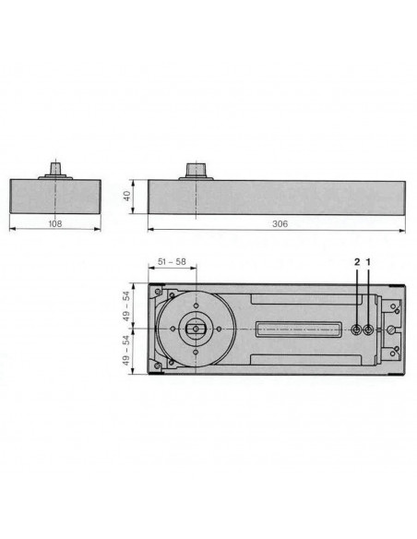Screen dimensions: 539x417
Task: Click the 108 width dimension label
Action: pos(54,223)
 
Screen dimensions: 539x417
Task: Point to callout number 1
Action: pos(369,262)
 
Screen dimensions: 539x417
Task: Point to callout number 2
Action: pos(356,262)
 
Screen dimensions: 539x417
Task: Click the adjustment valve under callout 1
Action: pos(369,329)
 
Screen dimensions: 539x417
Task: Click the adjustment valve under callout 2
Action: pos(356,329)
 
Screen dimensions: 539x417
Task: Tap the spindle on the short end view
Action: pos(55,171)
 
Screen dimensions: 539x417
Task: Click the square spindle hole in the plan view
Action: pos(195,329)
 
